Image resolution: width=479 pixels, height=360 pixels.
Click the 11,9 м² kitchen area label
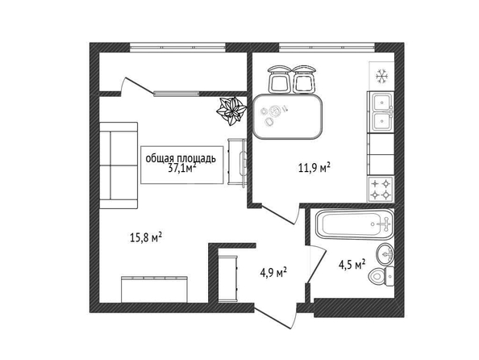314,168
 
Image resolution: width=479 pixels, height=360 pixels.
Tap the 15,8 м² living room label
146,237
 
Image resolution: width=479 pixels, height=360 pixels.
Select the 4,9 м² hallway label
273,272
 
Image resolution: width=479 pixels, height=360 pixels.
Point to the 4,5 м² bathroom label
352,265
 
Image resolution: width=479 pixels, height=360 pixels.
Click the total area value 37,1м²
182,168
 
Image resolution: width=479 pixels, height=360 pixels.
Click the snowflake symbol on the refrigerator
381,76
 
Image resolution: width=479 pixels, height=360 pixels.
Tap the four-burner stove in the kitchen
381,189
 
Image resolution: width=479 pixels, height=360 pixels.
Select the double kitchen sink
381,111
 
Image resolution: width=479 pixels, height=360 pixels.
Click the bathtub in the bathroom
354,224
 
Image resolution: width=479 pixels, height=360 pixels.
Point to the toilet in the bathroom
382,277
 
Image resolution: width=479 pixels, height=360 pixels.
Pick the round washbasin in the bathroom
385,254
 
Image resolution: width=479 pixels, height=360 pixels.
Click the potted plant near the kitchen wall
231,111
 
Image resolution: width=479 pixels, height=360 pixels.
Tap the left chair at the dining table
278,79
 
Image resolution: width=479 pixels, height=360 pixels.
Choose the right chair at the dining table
304,79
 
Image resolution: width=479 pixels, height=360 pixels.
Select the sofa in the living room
119,165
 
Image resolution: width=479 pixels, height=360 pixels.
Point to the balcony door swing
136,85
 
